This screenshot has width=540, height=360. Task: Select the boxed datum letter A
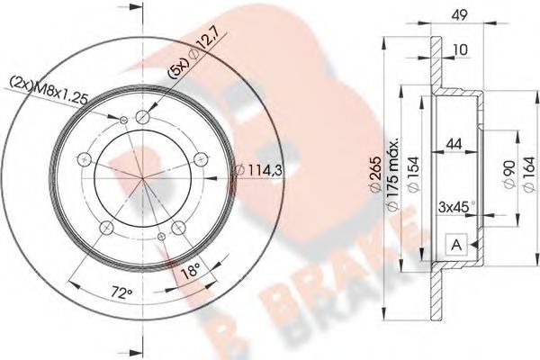click(x=454, y=243)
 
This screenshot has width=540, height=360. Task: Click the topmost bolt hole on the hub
click(x=143, y=116)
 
